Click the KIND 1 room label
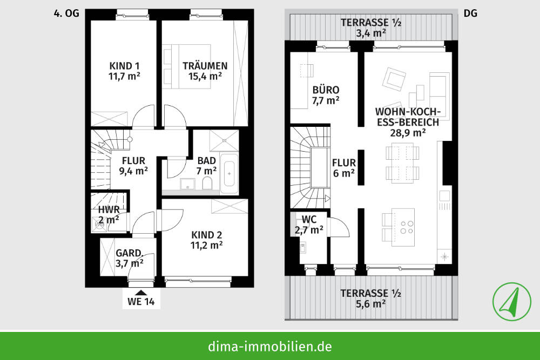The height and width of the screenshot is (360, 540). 124,66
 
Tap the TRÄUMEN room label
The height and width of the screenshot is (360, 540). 205,66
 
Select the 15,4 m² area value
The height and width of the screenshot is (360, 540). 205,77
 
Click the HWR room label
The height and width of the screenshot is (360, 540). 109,209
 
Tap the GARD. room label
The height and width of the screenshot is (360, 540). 130,253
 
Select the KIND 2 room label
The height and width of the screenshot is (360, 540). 207,235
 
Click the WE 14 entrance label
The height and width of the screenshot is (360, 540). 141,302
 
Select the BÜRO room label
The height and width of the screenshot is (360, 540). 326,90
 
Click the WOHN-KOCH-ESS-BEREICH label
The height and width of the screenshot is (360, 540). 408,117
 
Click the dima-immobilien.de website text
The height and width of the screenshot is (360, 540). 269,346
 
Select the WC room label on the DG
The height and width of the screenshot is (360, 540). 309,219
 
